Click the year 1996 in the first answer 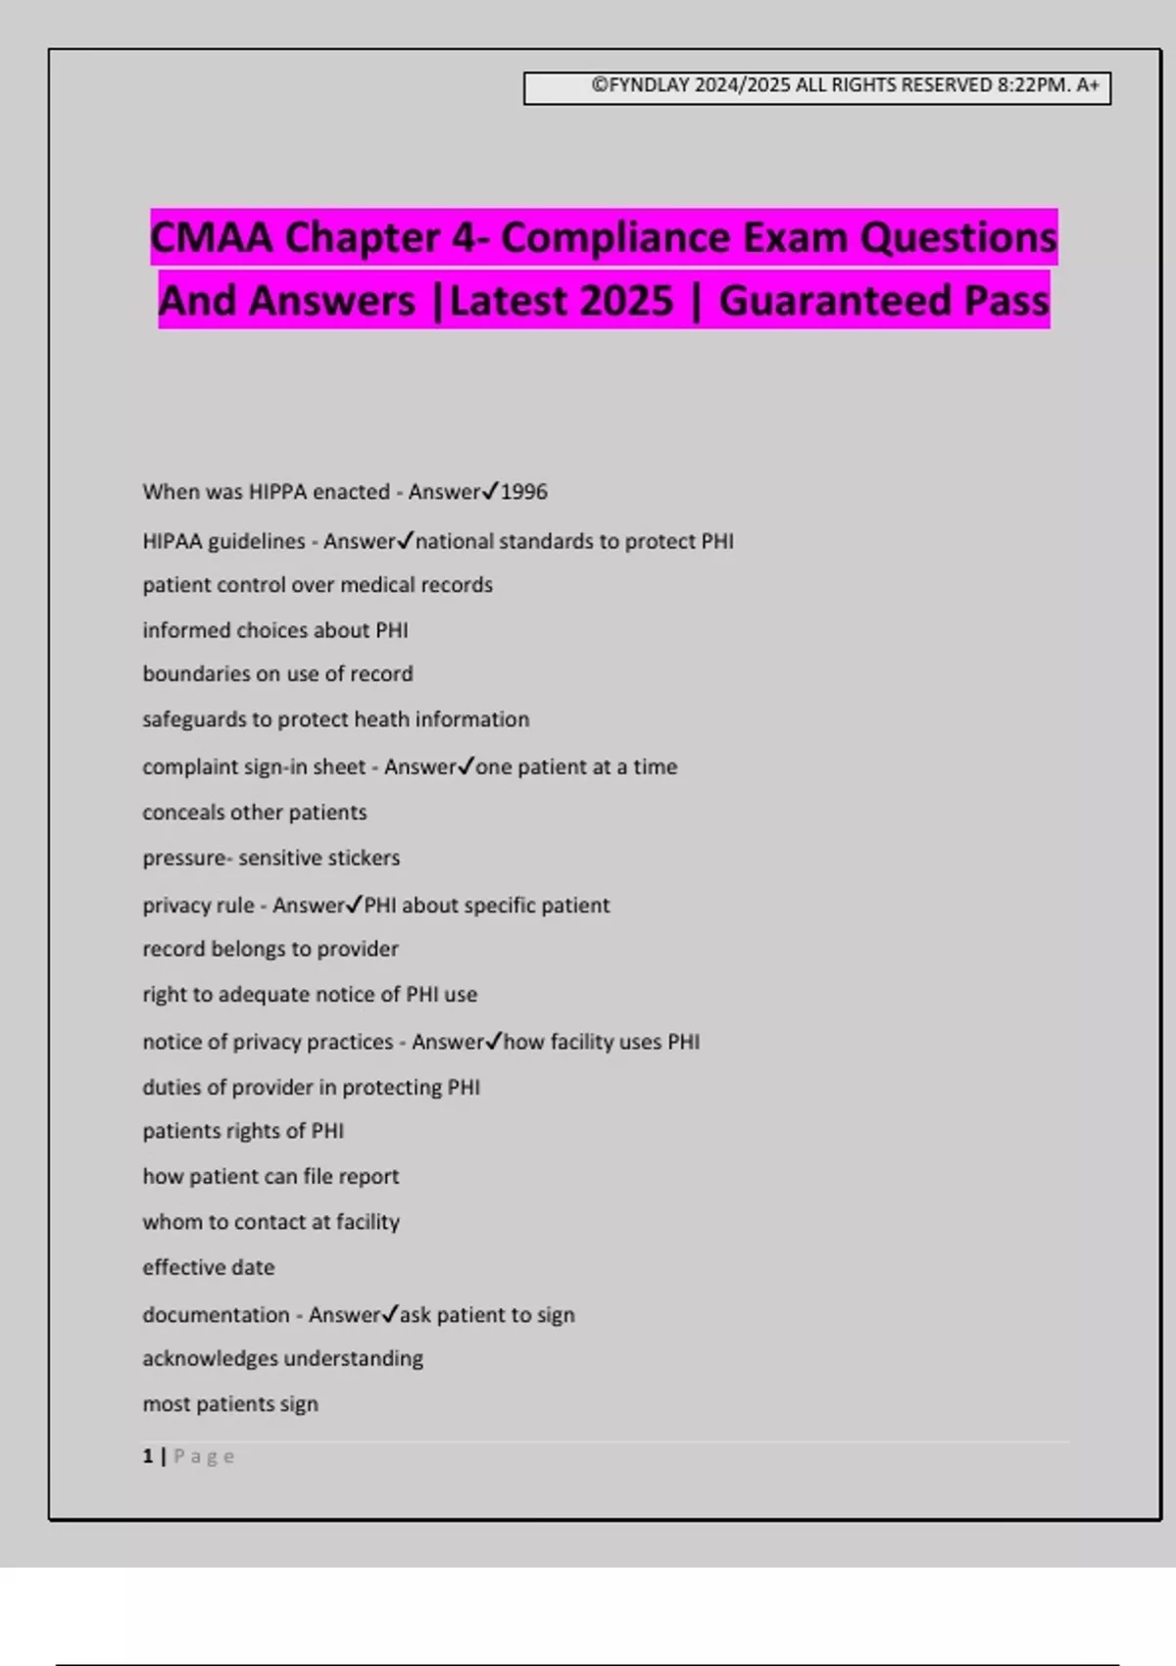point(524,492)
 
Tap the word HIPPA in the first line point(277,492)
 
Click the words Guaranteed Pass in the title point(884,301)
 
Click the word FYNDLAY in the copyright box point(650,85)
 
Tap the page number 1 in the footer point(148,1456)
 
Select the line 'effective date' point(209,1267)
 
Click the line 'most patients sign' point(230,1404)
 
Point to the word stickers point(363,858)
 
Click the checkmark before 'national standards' point(406,539)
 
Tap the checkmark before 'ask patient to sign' point(390,1313)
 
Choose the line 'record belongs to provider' point(270,949)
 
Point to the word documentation point(216,1315)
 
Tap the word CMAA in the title point(212,238)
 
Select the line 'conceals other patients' point(255,812)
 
